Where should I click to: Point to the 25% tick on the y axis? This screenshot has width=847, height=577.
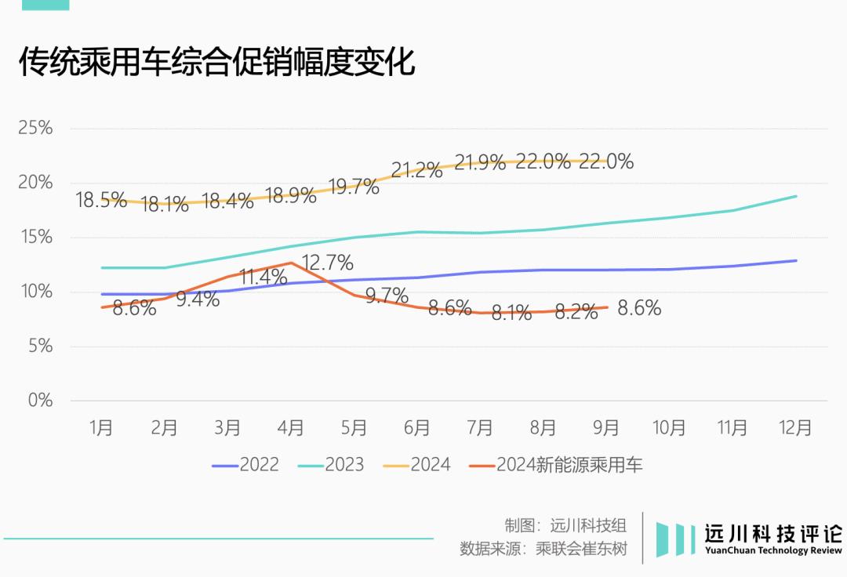35,129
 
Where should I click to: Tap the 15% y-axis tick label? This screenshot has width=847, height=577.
35,238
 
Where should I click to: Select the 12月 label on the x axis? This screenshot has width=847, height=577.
795,427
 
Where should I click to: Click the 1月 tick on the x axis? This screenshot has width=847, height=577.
101,427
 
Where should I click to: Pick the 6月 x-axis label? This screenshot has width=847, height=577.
416,427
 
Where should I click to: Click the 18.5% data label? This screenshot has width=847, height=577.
101,200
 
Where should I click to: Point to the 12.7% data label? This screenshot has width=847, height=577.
327,263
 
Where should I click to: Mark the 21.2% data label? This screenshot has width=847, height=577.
416,170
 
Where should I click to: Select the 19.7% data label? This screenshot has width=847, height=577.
354,187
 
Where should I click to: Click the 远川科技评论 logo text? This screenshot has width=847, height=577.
772,534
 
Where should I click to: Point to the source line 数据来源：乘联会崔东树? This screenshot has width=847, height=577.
543,548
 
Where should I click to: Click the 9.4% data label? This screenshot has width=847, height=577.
198,299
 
